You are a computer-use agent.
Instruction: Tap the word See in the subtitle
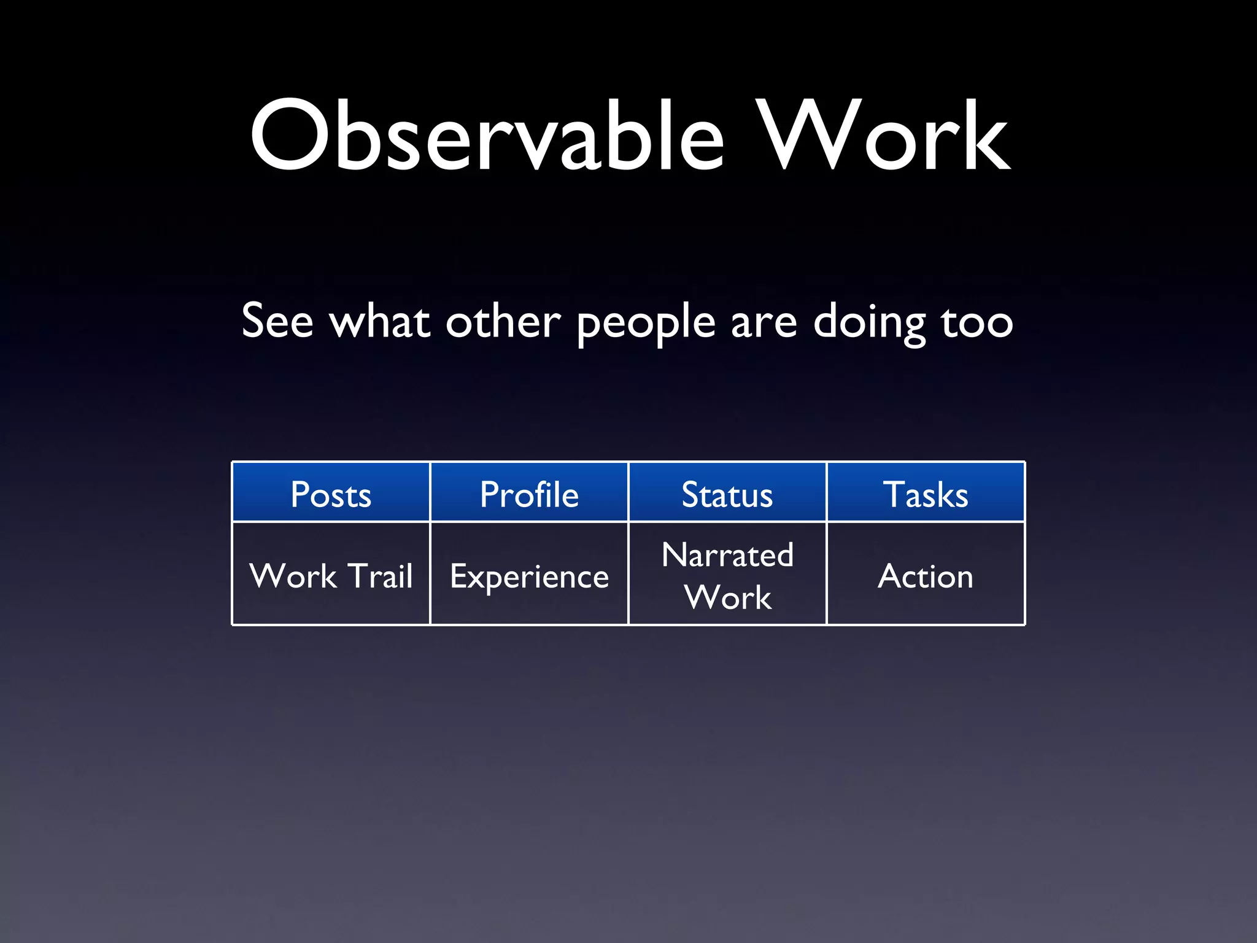(x=277, y=321)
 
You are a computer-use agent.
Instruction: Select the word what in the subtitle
(x=379, y=321)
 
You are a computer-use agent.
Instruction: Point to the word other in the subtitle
(x=503, y=321)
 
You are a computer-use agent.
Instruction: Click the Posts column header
(x=331, y=494)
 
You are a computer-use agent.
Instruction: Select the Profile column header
(x=529, y=494)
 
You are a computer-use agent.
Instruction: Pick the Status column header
(x=727, y=494)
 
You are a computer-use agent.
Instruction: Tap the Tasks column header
(x=926, y=494)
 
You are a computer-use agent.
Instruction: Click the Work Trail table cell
(x=331, y=576)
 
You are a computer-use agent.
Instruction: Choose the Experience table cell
(x=529, y=576)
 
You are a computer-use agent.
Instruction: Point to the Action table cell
(x=926, y=576)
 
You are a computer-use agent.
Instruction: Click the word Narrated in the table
(x=727, y=555)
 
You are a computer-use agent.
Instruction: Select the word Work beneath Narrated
(x=728, y=597)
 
